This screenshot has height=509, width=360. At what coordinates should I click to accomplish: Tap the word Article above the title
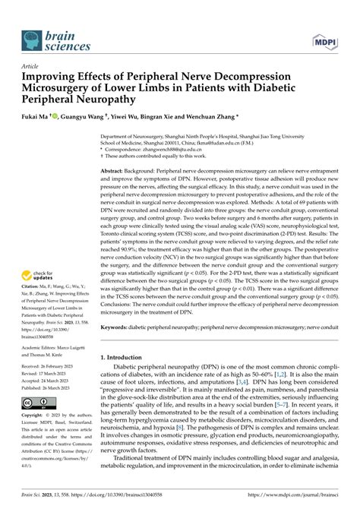click(x=32, y=67)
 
